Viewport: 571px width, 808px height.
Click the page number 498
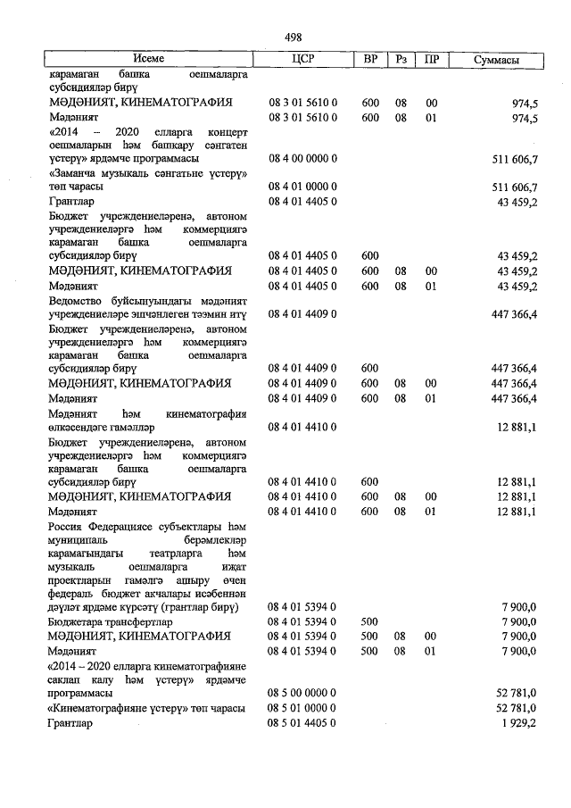pos(293,37)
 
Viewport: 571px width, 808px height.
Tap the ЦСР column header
pos(304,61)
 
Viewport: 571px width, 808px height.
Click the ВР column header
pos(370,61)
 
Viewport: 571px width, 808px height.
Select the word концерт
pos(227,130)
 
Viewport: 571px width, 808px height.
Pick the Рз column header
pos(402,61)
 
